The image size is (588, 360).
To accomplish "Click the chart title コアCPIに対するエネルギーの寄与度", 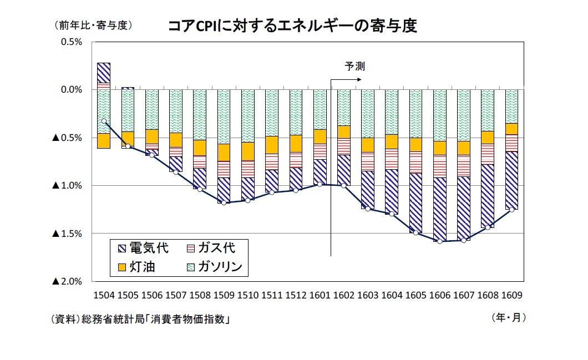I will tap(292, 27).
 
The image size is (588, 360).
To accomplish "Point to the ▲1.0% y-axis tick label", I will tap(67, 185).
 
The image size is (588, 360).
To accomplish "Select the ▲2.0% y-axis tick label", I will tap(67, 282).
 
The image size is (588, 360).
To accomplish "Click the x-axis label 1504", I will tap(103, 295).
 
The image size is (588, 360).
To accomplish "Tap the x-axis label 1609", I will tap(511, 295).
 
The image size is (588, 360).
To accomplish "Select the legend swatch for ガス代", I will tap(190, 247).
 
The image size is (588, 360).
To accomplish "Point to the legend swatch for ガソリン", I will tap(190, 267).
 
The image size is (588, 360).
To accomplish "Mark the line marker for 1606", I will tap(439, 241).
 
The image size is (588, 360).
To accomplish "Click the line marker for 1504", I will tap(104, 121).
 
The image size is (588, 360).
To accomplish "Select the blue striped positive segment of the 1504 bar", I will tap(104, 73).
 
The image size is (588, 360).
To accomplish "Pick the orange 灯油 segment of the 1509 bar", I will tap(224, 153).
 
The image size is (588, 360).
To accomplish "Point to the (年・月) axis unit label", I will tap(508, 318).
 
